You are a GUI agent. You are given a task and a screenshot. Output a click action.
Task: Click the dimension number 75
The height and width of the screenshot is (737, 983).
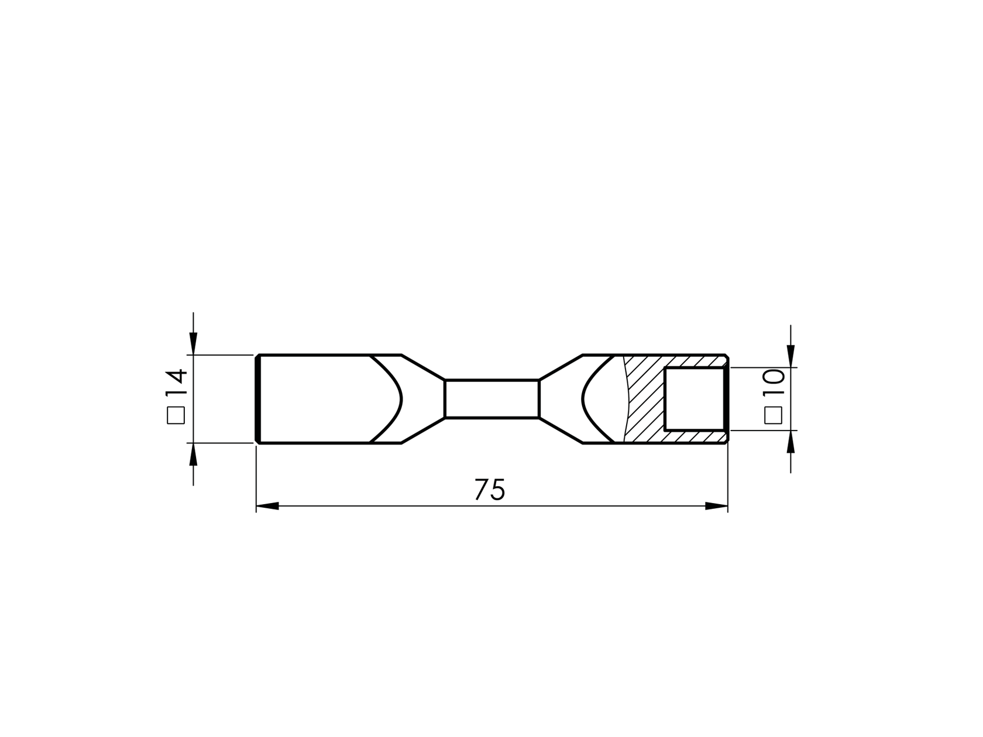click(x=489, y=490)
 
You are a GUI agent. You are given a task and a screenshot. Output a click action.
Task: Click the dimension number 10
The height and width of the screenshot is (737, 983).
click(x=774, y=384)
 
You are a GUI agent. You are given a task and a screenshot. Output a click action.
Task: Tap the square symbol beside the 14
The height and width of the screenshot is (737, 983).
click(x=176, y=415)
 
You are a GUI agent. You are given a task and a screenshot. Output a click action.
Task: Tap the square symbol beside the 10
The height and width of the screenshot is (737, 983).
click(x=774, y=415)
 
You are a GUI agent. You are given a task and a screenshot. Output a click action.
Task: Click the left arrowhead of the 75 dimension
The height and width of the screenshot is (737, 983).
click(x=267, y=506)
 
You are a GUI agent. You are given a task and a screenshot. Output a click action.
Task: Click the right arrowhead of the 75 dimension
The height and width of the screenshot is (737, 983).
click(x=717, y=506)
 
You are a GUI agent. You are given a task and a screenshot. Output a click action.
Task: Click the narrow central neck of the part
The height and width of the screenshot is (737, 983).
click(x=491, y=399)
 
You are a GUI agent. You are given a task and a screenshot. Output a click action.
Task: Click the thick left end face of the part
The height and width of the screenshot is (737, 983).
click(x=257, y=399)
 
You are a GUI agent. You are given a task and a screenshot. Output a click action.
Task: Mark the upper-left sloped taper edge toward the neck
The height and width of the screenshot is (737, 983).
click(x=423, y=367)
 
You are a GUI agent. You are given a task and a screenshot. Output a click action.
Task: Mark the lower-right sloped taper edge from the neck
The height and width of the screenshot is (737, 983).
click(x=561, y=431)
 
